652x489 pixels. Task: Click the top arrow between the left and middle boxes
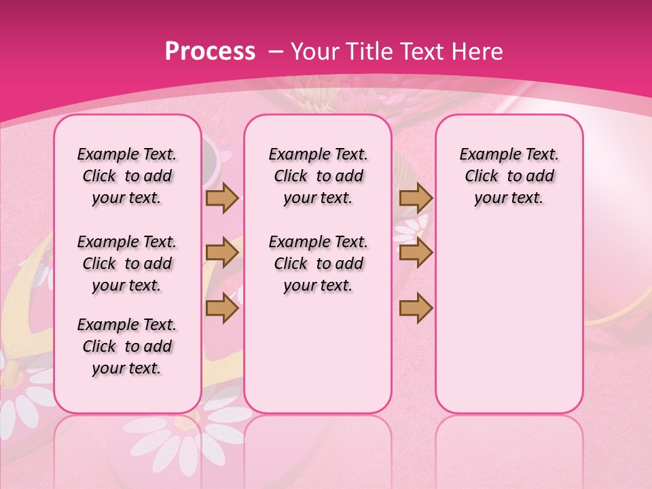pos(222,198)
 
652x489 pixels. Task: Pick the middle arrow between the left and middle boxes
pos(222,253)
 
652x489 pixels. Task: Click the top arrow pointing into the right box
pos(416,198)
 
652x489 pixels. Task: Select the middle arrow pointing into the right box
pos(416,253)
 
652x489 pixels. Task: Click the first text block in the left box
pos(127,176)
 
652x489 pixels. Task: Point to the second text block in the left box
pos(127,264)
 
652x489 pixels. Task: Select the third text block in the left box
pos(127,346)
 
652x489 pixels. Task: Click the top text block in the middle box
pos(318,176)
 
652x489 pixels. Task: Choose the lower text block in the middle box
pos(318,264)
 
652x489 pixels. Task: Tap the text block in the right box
pos(509,176)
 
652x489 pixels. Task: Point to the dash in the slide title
pos(276,52)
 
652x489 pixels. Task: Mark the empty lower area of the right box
pos(509,312)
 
